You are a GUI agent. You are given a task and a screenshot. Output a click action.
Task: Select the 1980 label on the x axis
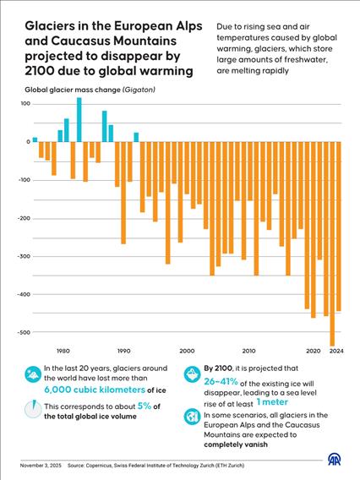coord(63,350)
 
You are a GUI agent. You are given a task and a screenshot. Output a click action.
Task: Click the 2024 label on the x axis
coord(337,350)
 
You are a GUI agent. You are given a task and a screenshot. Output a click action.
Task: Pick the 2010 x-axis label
coord(248,350)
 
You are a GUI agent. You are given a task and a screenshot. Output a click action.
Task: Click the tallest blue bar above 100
coord(79,119)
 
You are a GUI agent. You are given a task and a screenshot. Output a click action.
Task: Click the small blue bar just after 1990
coord(136,137)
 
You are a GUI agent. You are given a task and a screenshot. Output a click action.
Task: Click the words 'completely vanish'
coord(237,443)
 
